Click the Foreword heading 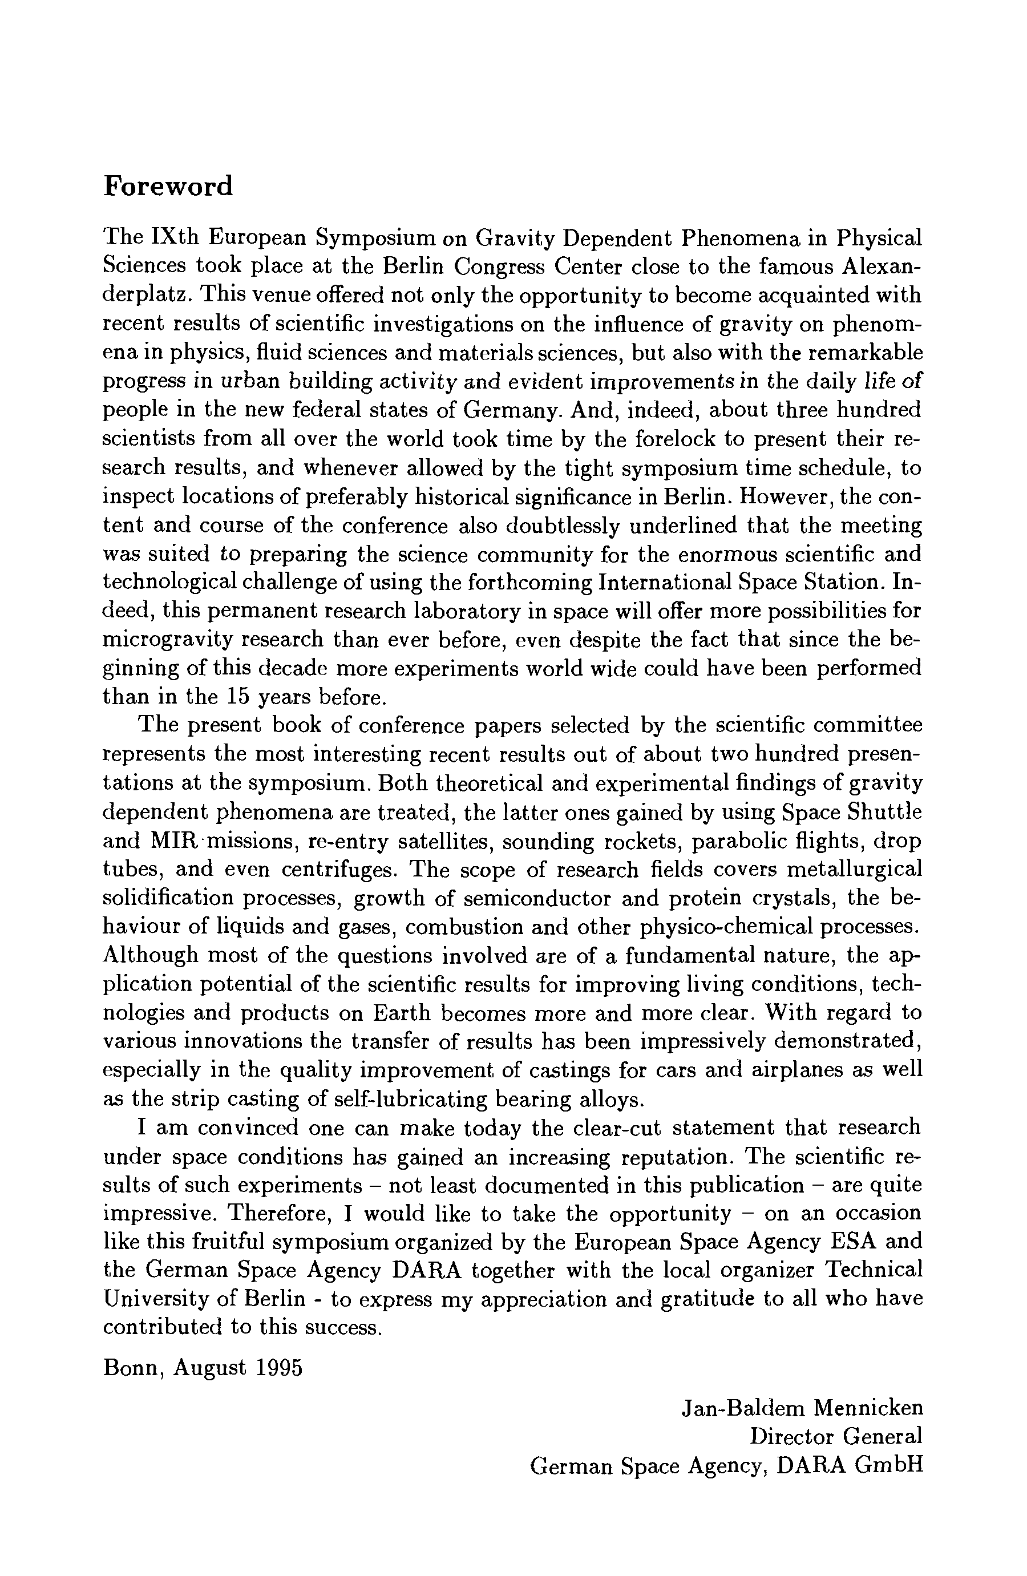click(x=168, y=186)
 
